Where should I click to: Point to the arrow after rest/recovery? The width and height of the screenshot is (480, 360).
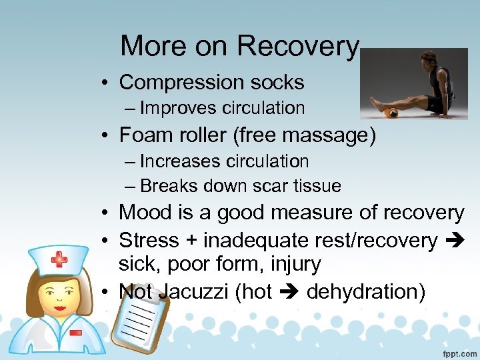(x=454, y=240)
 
